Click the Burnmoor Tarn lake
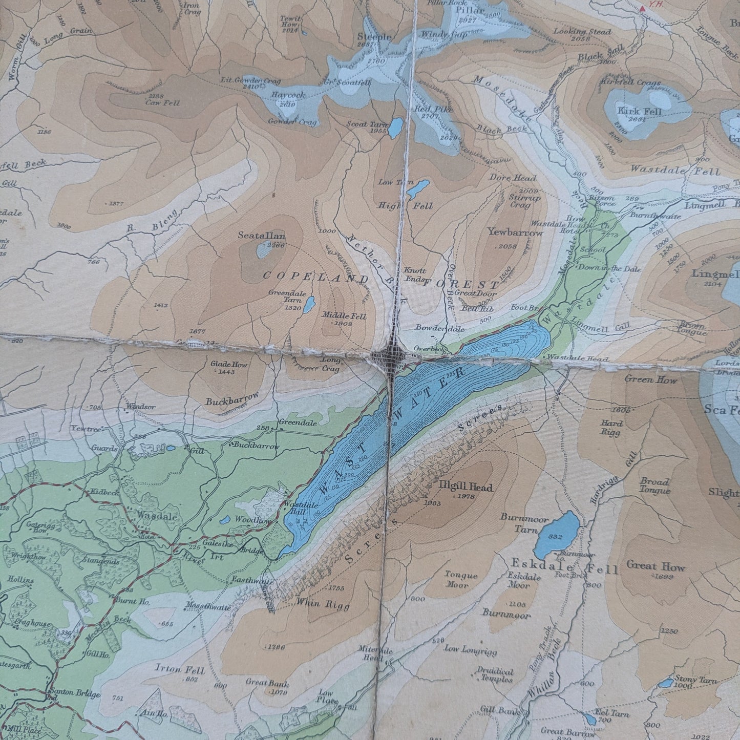(x=557, y=535)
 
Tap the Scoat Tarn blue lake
(x=395, y=129)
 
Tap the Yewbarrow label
(x=515, y=232)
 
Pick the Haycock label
(x=288, y=95)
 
